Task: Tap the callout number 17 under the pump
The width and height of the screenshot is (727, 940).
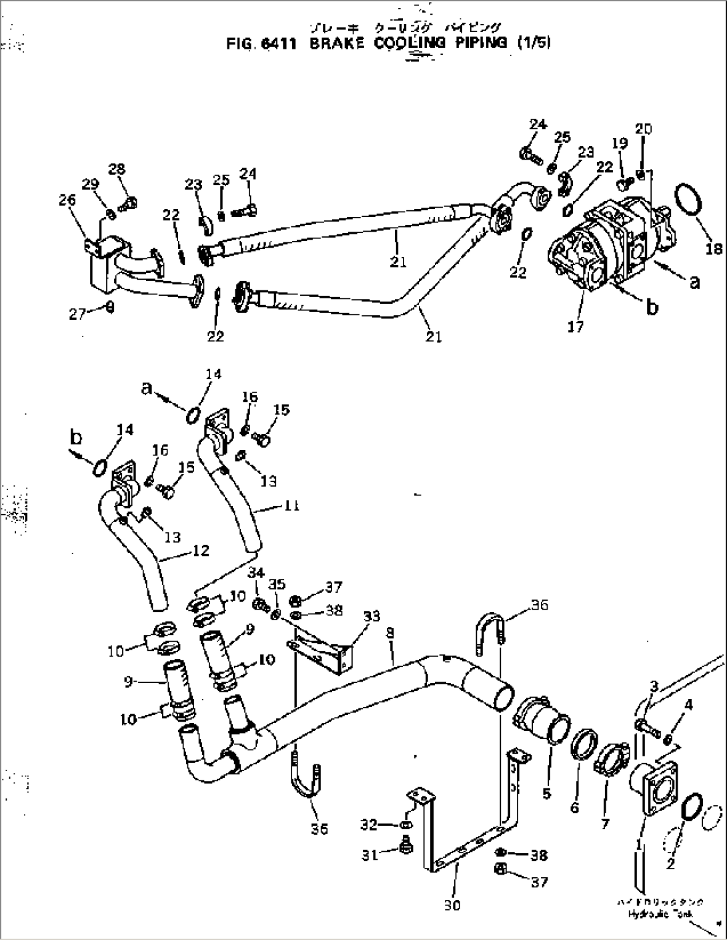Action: [x=576, y=327]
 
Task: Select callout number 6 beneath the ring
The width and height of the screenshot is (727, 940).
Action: [x=574, y=808]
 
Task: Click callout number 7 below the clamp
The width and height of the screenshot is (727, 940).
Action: [x=605, y=825]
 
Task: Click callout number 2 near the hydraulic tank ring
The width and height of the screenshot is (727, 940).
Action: [x=670, y=865]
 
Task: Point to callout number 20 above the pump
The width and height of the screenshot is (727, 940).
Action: [x=643, y=129]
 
